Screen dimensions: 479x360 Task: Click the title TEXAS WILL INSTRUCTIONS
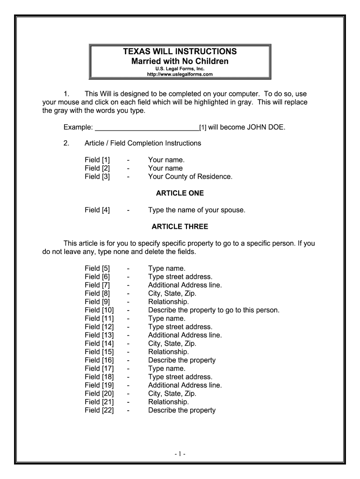[x=180, y=51]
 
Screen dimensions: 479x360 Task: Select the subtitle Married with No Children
[x=180, y=61]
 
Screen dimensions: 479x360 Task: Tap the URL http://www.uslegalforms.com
[x=180, y=74]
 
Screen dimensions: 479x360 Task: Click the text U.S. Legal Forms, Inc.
[x=180, y=69]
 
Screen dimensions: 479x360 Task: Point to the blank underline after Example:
[x=147, y=127]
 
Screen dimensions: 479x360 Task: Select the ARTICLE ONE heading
[x=180, y=193]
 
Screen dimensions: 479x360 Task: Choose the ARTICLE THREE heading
[x=180, y=227]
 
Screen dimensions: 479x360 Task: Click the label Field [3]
[x=97, y=177]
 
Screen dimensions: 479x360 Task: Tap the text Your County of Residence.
[x=190, y=177]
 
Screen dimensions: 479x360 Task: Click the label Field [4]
[x=97, y=210]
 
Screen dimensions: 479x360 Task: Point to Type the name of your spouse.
[x=196, y=210]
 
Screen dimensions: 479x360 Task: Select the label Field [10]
[x=99, y=310]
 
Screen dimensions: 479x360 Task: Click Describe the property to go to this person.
[x=214, y=310]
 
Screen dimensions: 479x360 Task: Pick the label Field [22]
[x=99, y=410]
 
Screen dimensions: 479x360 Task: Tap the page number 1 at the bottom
[x=180, y=454]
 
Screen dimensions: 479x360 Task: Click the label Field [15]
[x=99, y=352]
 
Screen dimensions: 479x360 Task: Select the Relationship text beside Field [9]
[x=168, y=302]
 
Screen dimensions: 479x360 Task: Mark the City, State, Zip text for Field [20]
[x=172, y=393]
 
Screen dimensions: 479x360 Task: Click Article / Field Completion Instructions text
[x=143, y=143]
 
